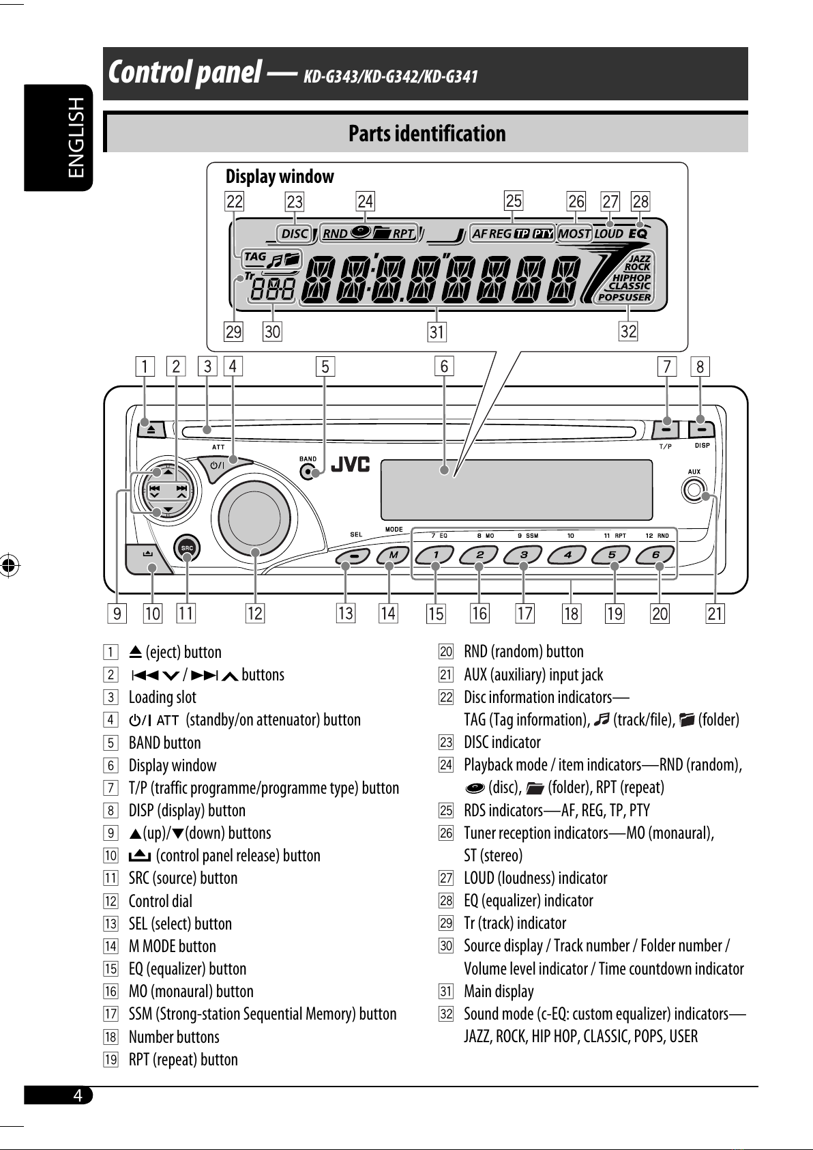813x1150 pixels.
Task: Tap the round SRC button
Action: coord(187,548)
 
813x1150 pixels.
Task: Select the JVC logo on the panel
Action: coord(351,465)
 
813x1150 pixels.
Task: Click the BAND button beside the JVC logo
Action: coord(307,472)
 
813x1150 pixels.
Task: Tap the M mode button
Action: coord(393,555)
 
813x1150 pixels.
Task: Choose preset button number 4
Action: coord(568,555)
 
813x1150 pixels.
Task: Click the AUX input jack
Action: coord(694,490)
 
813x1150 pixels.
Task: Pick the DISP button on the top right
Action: coord(701,429)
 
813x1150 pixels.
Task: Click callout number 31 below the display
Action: coord(437,332)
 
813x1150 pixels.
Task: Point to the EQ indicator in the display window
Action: coord(638,233)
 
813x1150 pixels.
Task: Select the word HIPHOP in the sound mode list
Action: coord(632,277)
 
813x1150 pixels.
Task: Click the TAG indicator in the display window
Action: coord(255,256)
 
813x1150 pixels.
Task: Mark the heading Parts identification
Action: coord(427,134)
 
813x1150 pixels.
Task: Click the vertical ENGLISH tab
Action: coord(59,138)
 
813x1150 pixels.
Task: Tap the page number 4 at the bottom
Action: coord(78,1095)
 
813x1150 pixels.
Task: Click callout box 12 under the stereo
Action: coord(255,614)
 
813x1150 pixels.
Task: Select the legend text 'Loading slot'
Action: coord(162,698)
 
